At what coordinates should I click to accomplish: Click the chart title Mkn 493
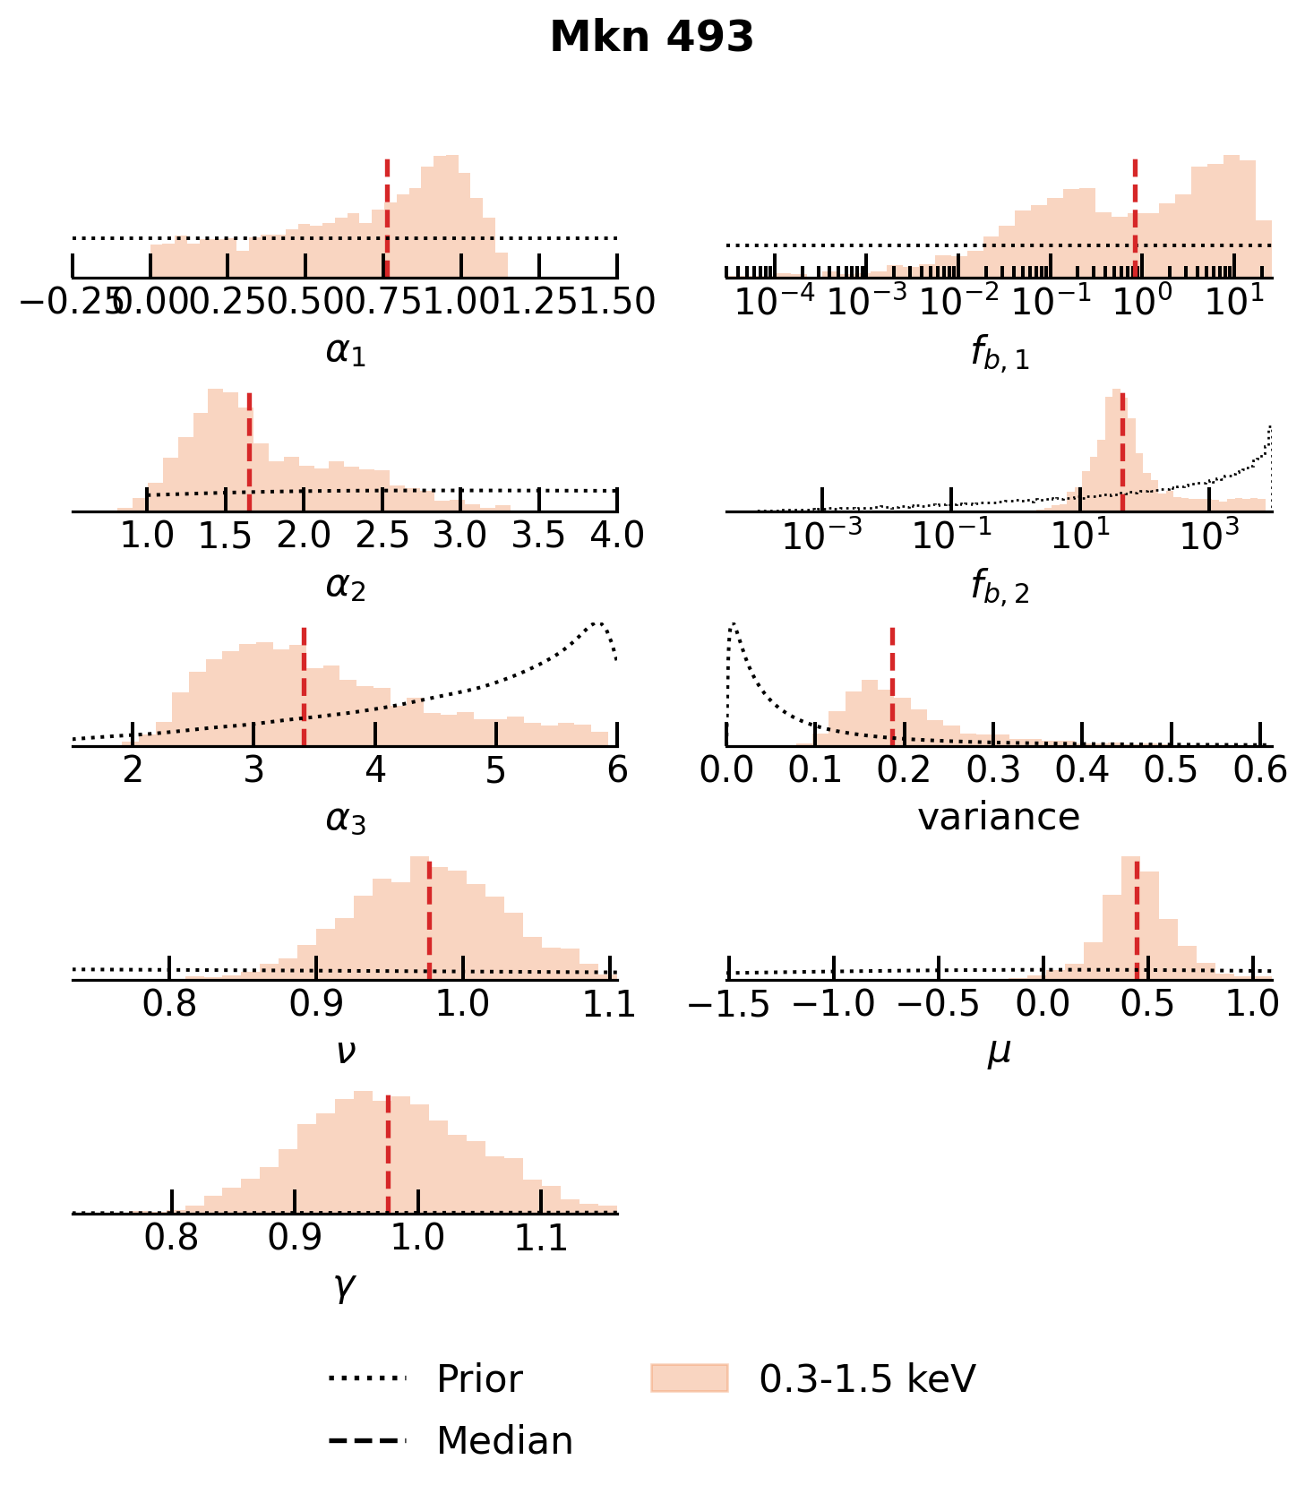(x=651, y=38)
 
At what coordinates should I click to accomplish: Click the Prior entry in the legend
(x=478, y=1378)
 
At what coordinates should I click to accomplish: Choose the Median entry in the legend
(x=503, y=1441)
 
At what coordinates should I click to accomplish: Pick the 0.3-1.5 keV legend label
(x=866, y=1378)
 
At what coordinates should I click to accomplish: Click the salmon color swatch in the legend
(x=689, y=1378)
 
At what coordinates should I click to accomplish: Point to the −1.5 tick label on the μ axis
(x=728, y=1004)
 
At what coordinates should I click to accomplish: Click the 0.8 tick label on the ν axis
(x=169, y=1004)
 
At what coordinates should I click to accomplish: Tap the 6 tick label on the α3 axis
(x=616, y=770)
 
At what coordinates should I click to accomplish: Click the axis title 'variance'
(x=999, y=817)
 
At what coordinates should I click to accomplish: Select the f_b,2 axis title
(x=999, y=588)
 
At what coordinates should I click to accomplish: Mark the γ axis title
(x=345, y=1286)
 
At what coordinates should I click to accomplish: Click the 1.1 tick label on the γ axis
(x=541, y=1238)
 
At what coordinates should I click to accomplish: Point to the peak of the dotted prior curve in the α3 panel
(x=597, y=623)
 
